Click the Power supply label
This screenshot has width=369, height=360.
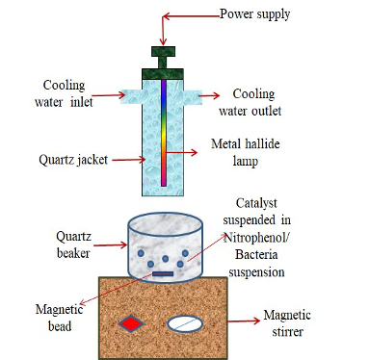[x=254, y=14]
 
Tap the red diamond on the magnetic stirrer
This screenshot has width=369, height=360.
[x=131, y=323]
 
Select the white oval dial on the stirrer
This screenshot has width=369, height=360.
[x=185, y=323]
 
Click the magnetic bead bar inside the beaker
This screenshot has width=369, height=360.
[x=163, y=274]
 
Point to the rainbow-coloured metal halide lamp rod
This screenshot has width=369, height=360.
[x=164, y=133]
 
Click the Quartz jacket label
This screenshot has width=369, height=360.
[x=73, y=160]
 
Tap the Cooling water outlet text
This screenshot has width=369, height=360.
[x=250, y=102]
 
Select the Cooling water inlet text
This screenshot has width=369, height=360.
[x=64, y=93]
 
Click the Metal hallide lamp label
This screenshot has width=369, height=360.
[x=245, y=152]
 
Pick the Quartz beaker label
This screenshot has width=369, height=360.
[x=73, y=244]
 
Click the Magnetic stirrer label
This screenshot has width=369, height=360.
[x=287, y=323]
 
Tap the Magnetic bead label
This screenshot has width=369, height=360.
[x=60, y=318]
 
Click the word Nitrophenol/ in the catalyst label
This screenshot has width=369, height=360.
[x=256, y=238]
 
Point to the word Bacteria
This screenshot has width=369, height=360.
[x=256, y=254]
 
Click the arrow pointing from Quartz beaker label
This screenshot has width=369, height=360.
[x=111, y=245]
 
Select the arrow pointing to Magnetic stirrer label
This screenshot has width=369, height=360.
[x=244, y=321]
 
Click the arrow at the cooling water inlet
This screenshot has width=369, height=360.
[x=109, y=95]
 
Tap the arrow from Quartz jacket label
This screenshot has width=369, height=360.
[x=128, y=159]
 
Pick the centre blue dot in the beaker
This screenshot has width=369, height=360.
[x=166, y=259]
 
